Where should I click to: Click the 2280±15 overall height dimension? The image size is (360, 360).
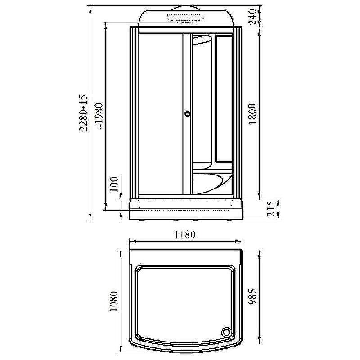pyautogui.click(x=84, y=112)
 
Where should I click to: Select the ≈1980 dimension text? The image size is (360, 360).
pyautogui.click(x=99, y=116)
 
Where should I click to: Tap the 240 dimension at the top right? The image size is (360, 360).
pyautogui.click(x=252, y=17)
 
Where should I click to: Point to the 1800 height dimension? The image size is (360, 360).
pyautogui.click(x=252, y=114)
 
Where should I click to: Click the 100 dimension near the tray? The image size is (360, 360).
pyautogui.click(x=114, y=184)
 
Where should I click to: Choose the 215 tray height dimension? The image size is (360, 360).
pyautogui.click(x=271, y=208)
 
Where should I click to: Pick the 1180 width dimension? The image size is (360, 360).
pyautogui.click(x=185, y=234)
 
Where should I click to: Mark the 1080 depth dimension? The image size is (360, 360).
pyautogui.click(x=114, y=301)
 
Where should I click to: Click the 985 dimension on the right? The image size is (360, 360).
pyautogui.click(x=252, y=297)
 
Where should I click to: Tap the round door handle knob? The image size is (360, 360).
pyautogui.click(x=188, y=113)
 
